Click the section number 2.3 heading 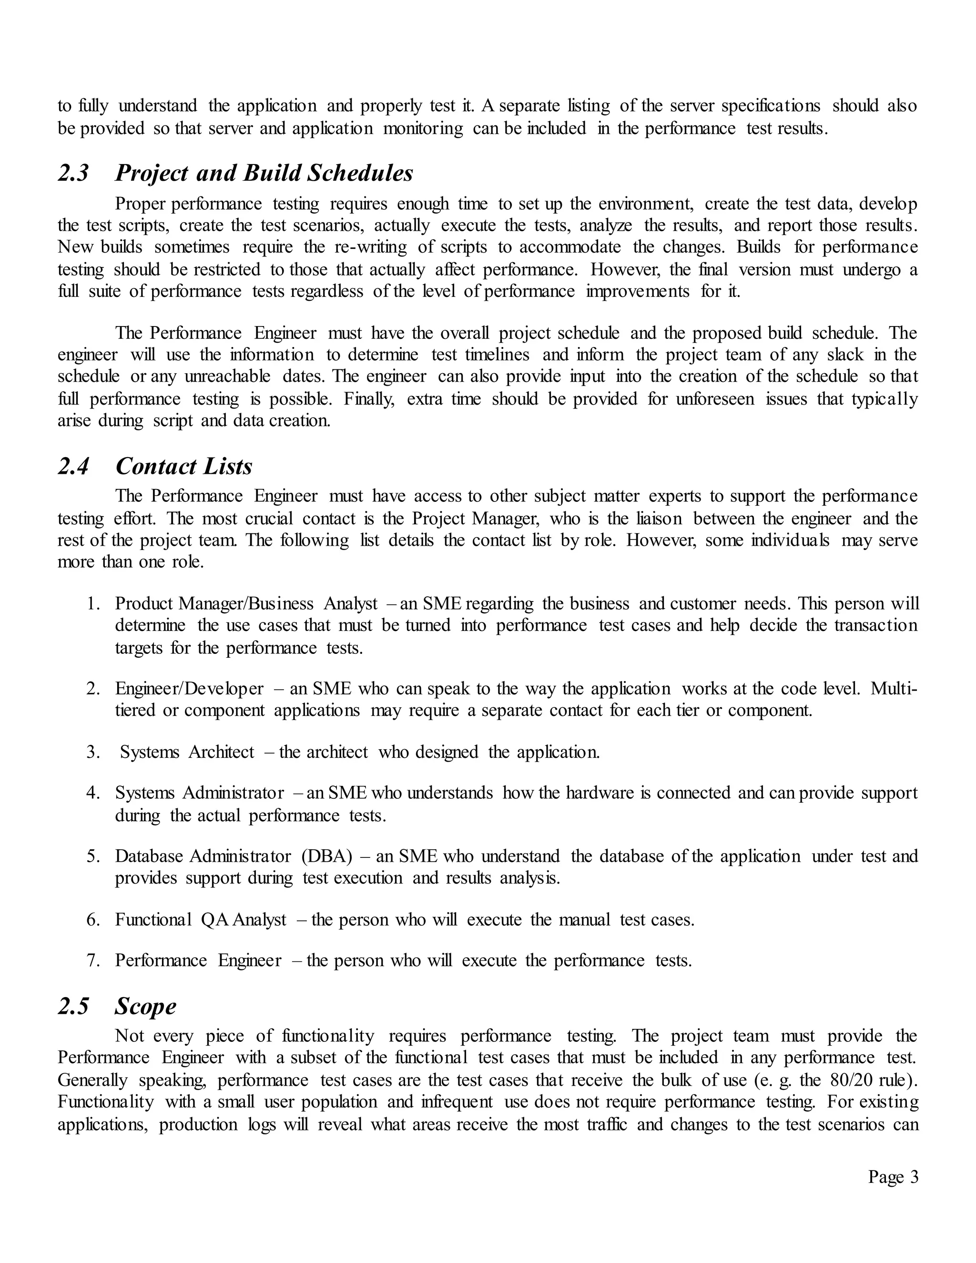73,173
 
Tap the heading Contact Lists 184,467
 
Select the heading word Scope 145,1006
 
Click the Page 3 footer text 893,1177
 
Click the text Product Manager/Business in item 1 214,604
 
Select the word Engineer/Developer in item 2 189,689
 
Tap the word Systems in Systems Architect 150,753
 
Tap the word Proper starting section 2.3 141,204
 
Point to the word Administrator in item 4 233,793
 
